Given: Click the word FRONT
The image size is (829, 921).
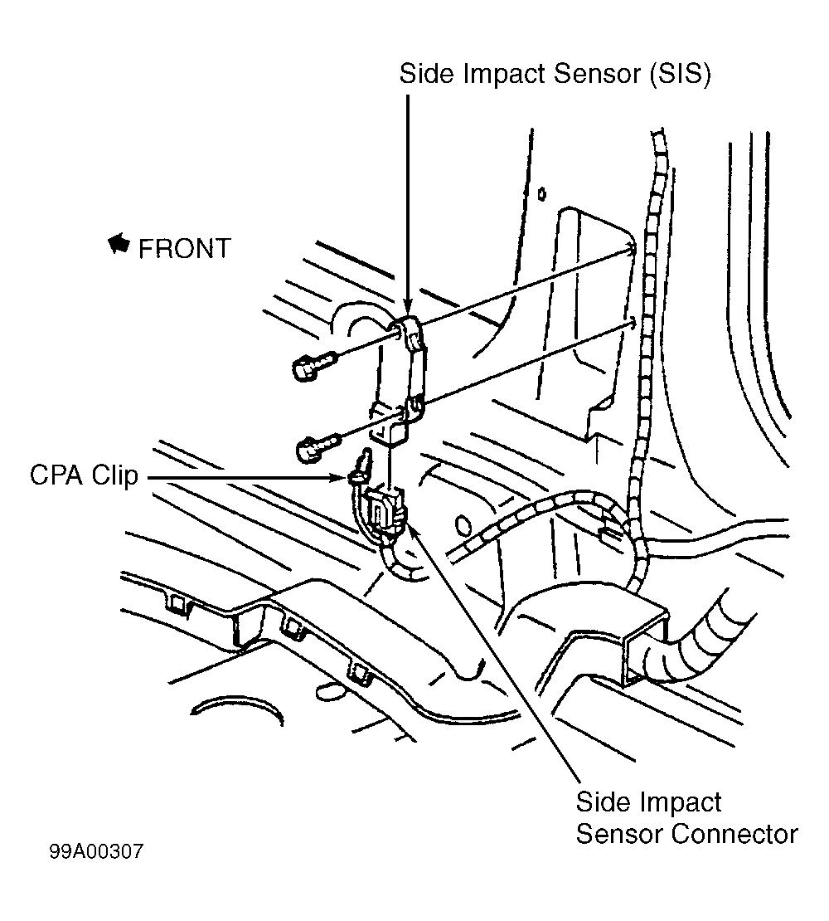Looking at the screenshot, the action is (184, 249).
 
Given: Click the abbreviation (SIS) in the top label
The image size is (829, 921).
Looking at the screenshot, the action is (680, 75).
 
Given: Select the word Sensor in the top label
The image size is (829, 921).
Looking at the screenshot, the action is (596, 74).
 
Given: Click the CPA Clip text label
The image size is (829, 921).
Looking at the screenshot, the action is (84, 475).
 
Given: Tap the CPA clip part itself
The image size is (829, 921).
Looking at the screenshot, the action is (359, 467).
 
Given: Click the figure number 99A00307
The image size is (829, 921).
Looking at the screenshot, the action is (96, 851).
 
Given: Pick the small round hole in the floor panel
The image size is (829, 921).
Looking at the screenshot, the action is (463, 524).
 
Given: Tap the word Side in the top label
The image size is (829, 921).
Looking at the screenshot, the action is (426, 74).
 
